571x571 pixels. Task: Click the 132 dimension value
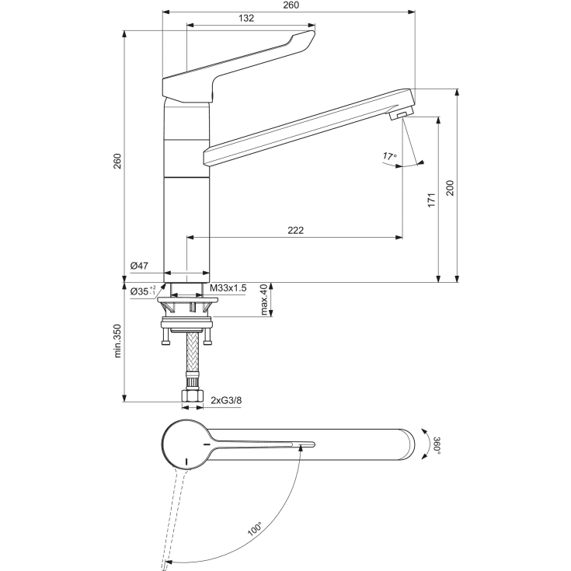(247, 19)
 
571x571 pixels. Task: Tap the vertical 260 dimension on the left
(117, 161)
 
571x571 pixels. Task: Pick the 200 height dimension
(449, 187)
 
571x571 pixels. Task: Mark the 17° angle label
(389, 156)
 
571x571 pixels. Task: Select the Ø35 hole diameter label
(141, 291)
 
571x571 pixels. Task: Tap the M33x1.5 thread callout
(229, 288)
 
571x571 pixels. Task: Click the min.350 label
(118, 341)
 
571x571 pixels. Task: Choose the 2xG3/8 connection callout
(225, 401)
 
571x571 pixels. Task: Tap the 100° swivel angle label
(256, 531)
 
